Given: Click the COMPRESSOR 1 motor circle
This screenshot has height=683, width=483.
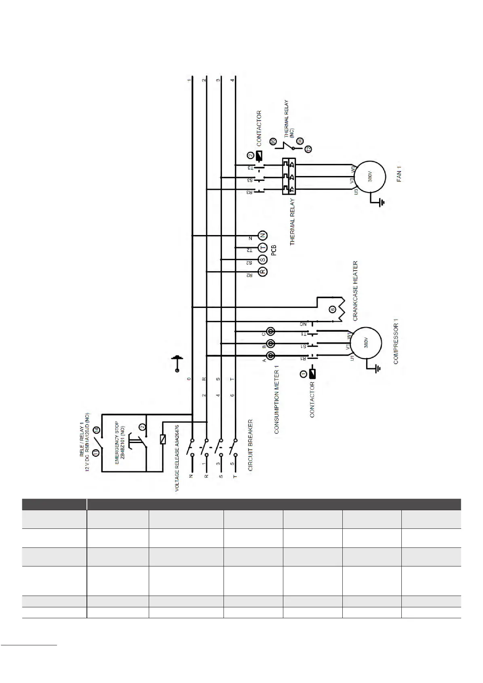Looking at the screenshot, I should pos(366,343).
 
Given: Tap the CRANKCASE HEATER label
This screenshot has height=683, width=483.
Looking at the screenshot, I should pos(356,291).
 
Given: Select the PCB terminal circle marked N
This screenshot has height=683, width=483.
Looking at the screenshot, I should pos(263,236).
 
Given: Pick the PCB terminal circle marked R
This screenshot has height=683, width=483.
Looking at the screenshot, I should pos(263,272).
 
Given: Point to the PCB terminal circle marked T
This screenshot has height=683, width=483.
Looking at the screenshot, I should pos(263,248).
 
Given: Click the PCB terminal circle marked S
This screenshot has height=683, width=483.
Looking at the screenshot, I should pos(263,259).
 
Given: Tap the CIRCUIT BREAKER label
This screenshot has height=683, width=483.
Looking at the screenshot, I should pos(251,445).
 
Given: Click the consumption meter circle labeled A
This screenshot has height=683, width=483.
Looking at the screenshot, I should pos(270,356).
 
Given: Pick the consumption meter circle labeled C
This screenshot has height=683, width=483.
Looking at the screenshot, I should pos(270,332).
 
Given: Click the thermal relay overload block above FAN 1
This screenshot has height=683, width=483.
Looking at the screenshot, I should pos(289,177).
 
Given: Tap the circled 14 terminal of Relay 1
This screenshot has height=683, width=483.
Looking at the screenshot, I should pos(96,431).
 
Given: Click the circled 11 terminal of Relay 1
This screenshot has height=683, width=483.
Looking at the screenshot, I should pos(96,453).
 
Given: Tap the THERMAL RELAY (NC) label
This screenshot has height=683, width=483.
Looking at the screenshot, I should pos(289,117).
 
